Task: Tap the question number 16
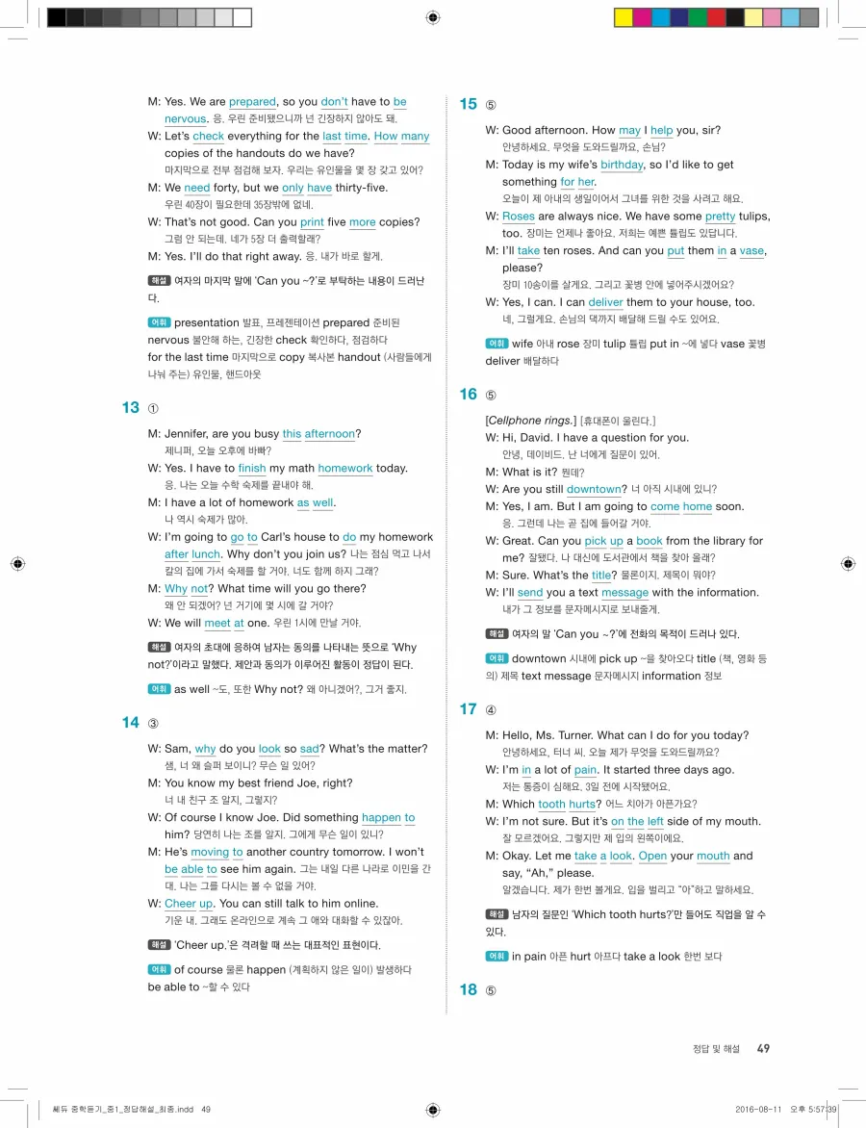[468, 394]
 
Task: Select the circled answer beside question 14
[153, 723]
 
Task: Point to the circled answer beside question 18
[491, 990]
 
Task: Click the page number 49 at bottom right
[763, 1048]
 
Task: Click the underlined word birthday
[622, 165]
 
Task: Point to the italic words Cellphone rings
[531, 421]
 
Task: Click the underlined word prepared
[252, 101]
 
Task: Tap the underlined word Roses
[519, 217]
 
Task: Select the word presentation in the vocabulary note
[206, 322]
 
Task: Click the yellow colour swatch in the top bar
[623, 17]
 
